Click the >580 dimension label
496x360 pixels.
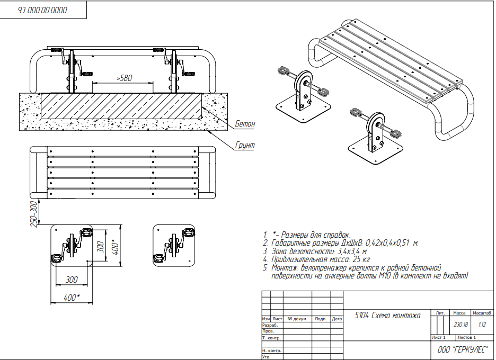coord(123,78)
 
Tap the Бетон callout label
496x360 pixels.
coord(245,124)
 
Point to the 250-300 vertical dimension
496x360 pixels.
coord(34,214)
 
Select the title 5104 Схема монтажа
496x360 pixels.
coord(387,316)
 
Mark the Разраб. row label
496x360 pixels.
coord(270,325)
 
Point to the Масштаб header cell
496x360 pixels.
coord(482,313)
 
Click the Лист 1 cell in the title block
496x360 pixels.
coord(439,337)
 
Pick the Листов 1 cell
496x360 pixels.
coord(466,337)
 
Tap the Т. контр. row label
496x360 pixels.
coord(271,337)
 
